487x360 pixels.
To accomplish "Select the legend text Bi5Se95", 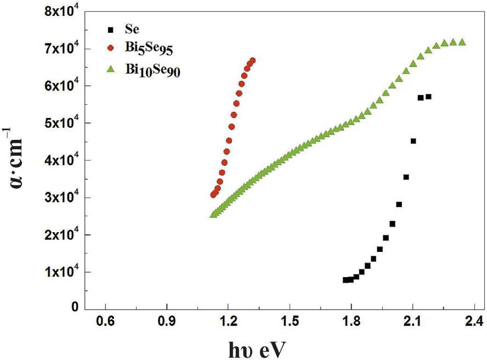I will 148,49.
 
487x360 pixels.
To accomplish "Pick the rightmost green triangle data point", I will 462,42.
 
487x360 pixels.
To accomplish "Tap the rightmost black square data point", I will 428,97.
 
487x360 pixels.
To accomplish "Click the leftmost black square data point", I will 346,280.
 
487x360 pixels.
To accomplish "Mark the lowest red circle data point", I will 213,195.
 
